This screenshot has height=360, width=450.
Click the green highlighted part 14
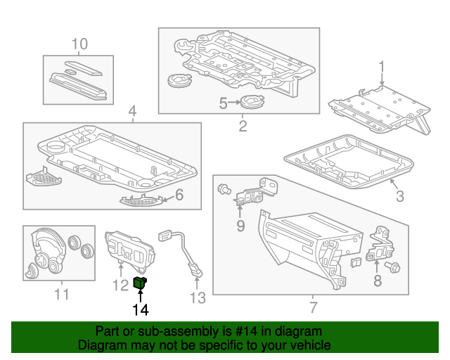pos(140,283)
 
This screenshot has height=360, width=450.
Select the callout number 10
pos(79,44)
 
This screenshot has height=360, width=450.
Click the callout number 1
pos(382,67)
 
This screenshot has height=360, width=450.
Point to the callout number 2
pos(243,127)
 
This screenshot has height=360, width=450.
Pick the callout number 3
pos(399,196)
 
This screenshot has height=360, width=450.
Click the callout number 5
pos(223,103)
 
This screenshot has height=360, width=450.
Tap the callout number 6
pos(179,195)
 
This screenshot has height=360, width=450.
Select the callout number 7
pos(314,307)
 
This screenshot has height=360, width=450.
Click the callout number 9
pos(240,225)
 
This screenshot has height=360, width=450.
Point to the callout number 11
pos(62,294)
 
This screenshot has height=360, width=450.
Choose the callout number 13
pos(198,298)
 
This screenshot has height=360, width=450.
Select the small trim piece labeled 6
pos(143,202)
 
